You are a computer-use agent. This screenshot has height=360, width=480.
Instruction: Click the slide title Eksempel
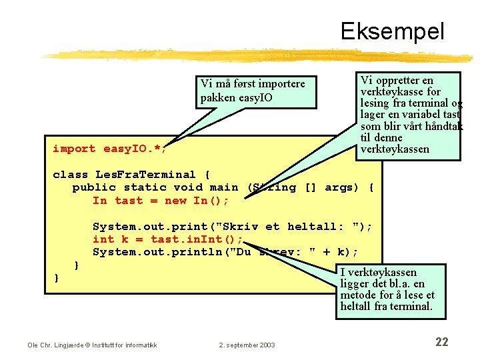pos(392,31)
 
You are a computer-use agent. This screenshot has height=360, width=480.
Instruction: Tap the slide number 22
pos(441,342)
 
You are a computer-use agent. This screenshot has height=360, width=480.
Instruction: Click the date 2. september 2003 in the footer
pos(247,345)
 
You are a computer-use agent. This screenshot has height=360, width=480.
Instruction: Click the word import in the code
pos(73,149)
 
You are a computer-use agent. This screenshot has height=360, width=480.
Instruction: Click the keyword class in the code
pos(70,175)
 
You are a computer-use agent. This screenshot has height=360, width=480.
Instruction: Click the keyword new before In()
pos(176,201)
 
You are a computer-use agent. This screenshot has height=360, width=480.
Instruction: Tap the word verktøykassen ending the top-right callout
pos(395,149)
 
